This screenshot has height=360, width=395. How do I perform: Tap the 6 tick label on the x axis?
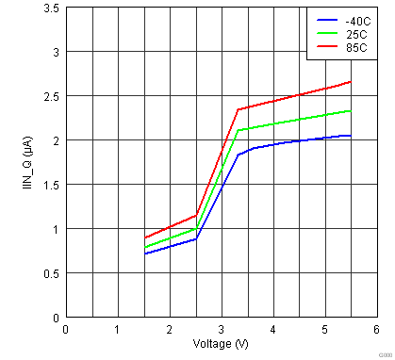(x=376, y=330)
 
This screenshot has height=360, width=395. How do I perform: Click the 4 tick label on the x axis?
(x=272, y=330)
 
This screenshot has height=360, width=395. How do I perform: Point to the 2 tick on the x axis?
(x=170, y=330)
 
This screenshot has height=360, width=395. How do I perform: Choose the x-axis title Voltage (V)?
(x=222, y=344)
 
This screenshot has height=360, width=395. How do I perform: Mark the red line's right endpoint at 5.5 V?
(x=351, y=82)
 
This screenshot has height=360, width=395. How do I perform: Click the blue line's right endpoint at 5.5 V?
(x=351, y=136)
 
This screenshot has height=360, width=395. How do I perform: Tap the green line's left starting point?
(x=145, y=248)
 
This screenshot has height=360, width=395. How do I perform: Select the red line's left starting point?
(x=145, y=237)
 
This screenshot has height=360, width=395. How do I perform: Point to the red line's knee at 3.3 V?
(x=237, y=109)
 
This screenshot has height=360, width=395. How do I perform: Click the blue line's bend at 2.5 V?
(x=195, y=239)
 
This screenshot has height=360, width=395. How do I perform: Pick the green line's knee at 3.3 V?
(x=237, y=131)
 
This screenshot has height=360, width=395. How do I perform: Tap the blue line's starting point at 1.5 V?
(x=145, y=254)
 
